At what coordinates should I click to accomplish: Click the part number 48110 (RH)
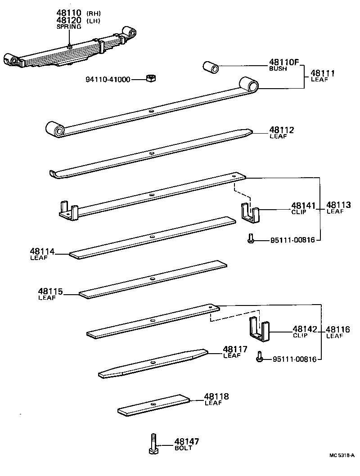pos(70,13)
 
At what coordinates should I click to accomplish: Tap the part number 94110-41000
pos(108,80)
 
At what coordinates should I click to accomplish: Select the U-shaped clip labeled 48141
pos(251,212)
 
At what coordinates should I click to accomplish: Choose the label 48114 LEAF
pos(42,254)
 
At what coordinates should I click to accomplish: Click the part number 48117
pos(235,349)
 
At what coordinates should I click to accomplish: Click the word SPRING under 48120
pos(68,27)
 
